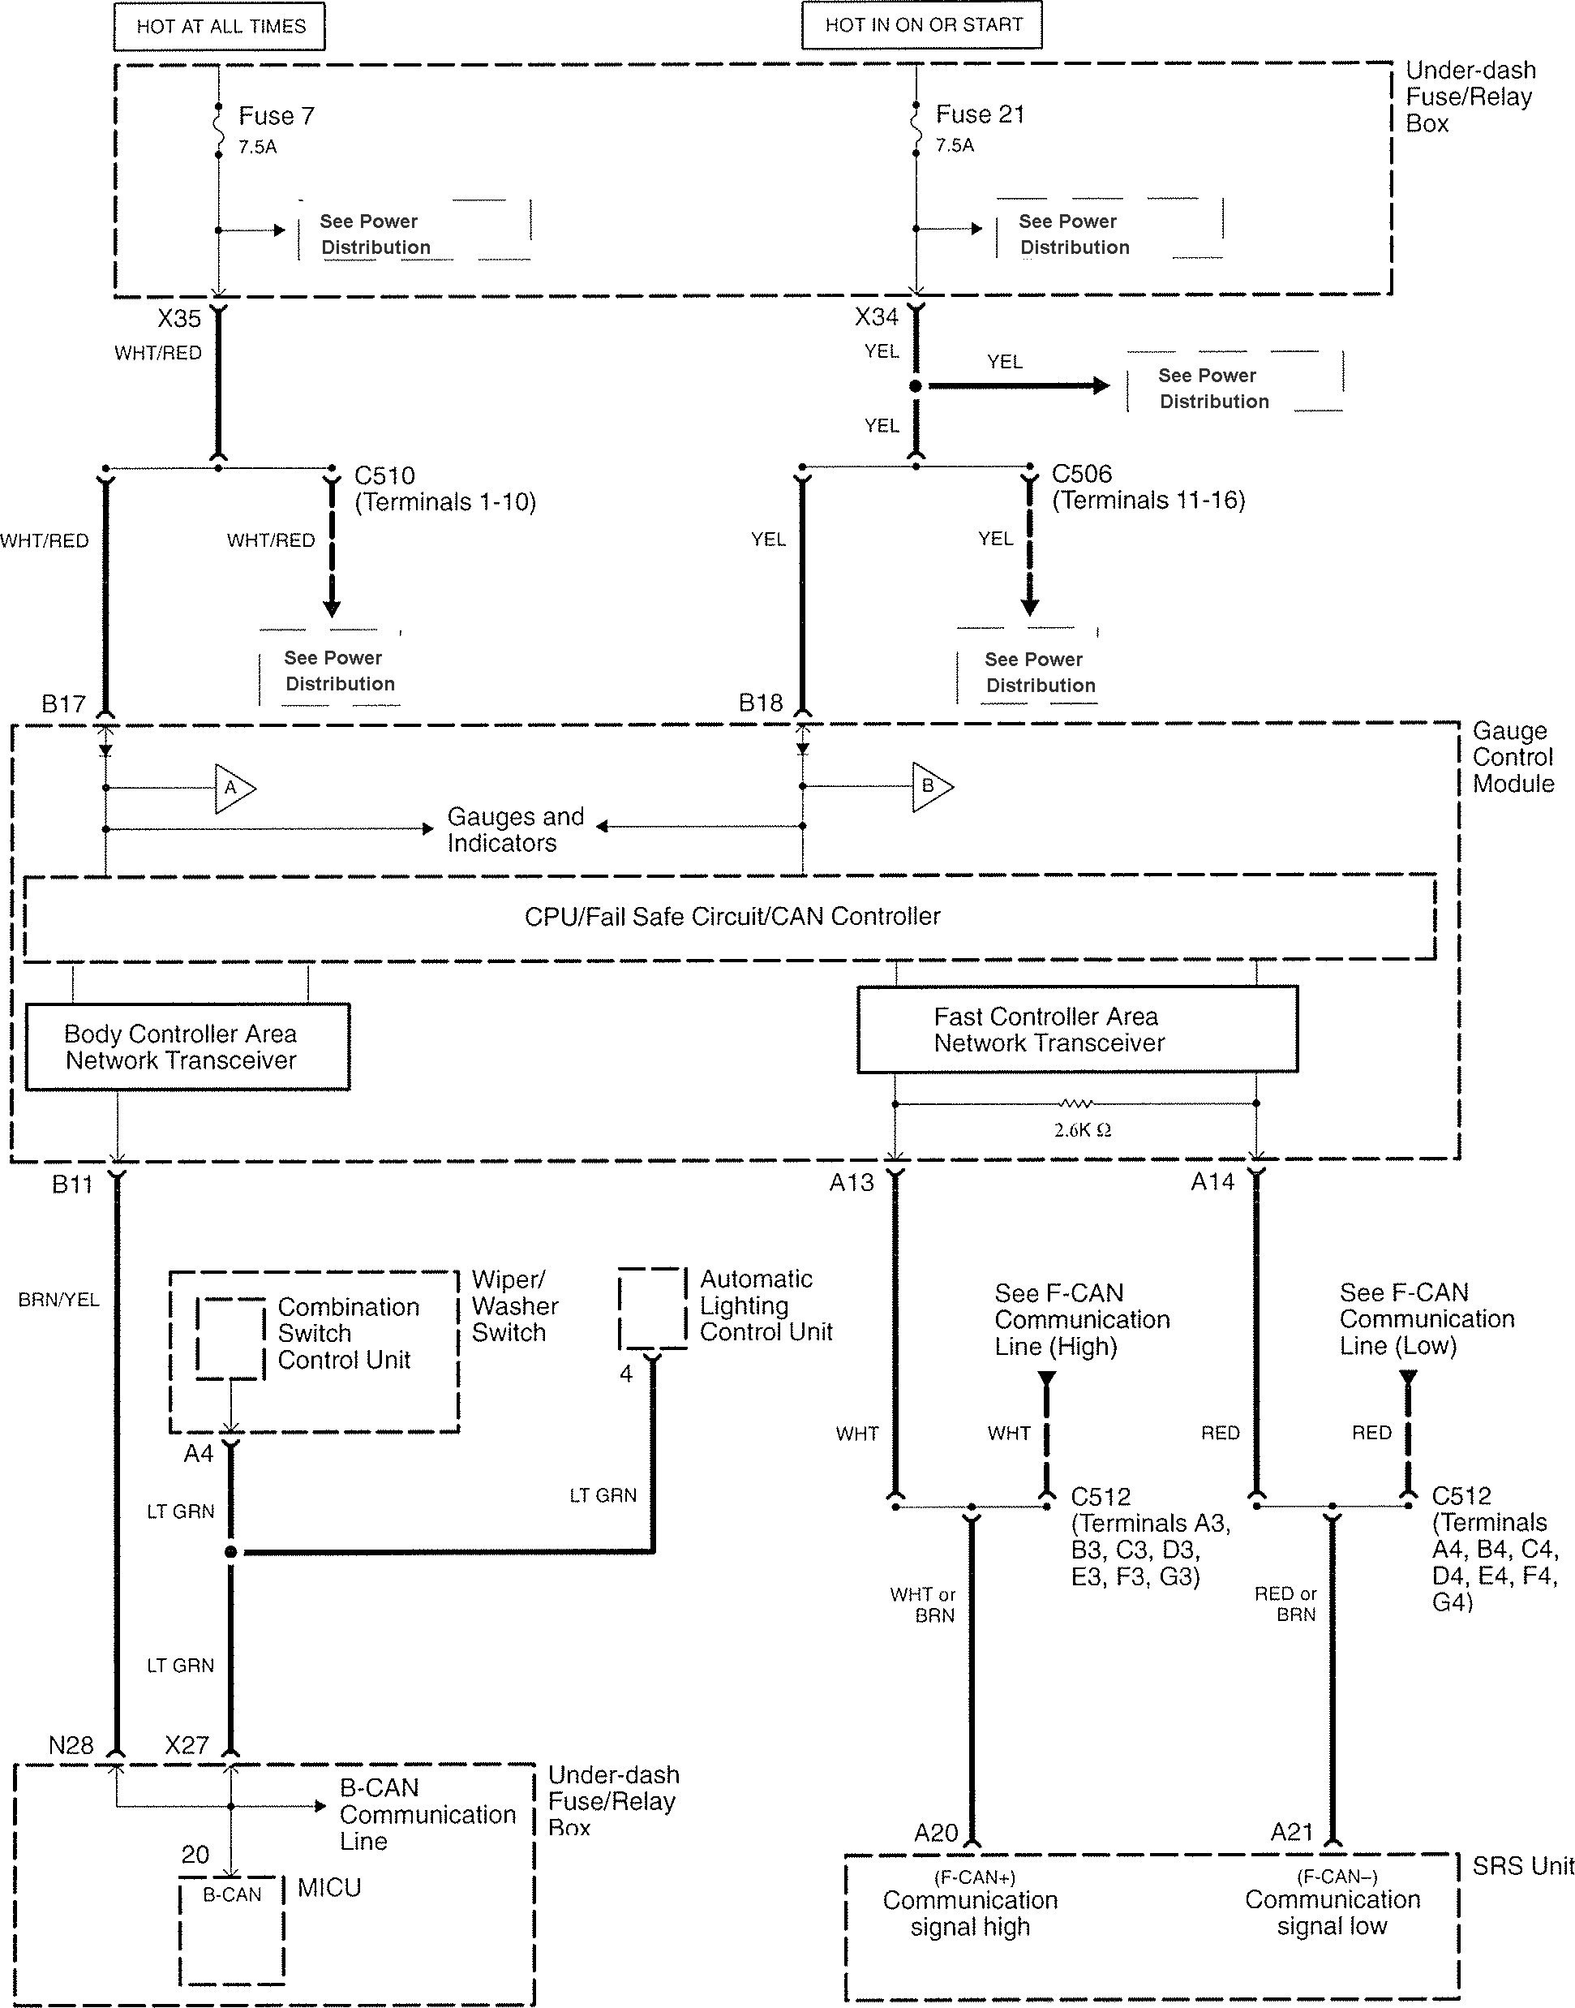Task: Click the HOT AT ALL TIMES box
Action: [220, 27]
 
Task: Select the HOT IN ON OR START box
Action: [922, 25]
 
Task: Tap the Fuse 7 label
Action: [276, 116]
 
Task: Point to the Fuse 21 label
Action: [979, 114]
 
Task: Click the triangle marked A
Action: [234, 789]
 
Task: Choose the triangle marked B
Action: [930, 787]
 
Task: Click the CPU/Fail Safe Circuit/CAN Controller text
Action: [732, 917]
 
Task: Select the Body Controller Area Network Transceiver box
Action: [187, 1047]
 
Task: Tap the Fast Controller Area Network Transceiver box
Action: [1076, 1030]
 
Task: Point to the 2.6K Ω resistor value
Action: [1082, 1131]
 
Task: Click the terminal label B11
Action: [72, 1185]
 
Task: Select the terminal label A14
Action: [1212, 1182]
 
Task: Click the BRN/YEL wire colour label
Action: [58, 1301]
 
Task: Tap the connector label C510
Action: [384, 476]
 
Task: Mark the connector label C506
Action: [1082, 474]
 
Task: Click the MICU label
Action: [329, 1888]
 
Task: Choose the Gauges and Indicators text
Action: [514, 829]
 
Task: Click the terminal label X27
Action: [187, 1746]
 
